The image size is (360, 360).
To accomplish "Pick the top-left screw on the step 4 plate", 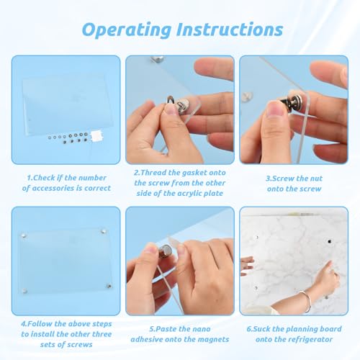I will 26,234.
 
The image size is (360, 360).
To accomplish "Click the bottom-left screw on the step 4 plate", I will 27,292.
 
